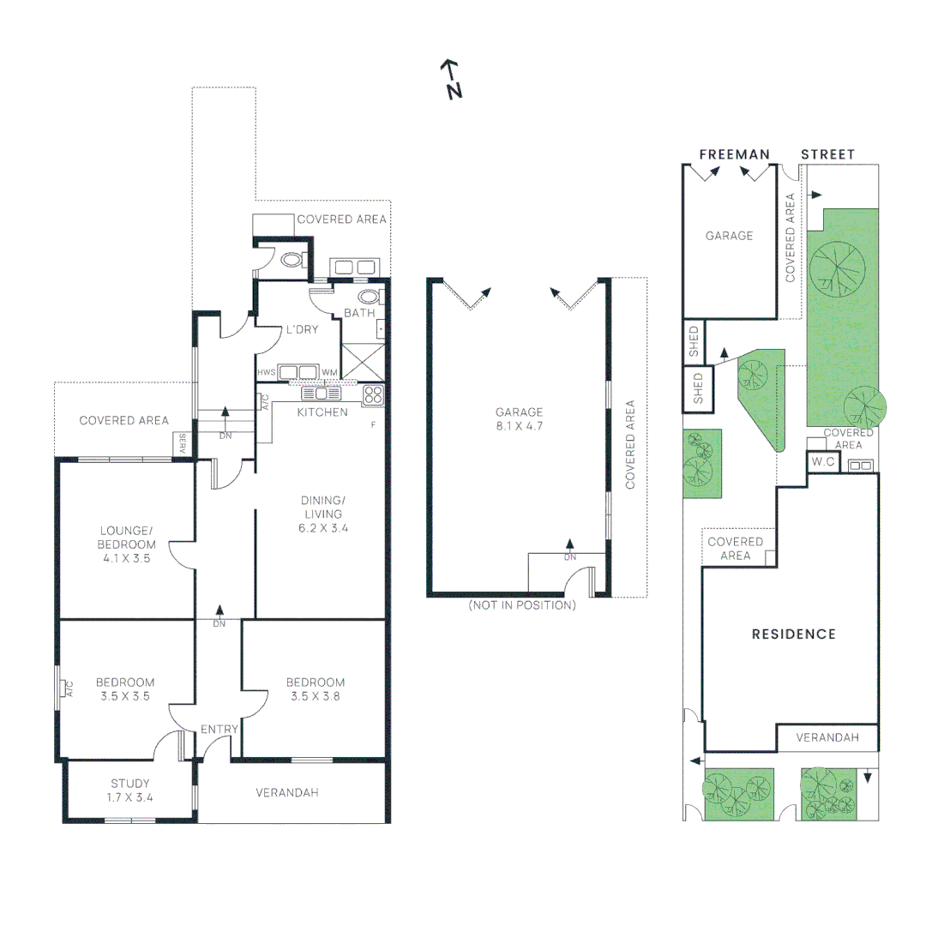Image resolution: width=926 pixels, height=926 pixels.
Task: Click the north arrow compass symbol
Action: click(452, 79)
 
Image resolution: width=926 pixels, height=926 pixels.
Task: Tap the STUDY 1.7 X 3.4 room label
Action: click(130, 791)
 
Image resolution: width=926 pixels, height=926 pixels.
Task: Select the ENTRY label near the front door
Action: click(219, 730)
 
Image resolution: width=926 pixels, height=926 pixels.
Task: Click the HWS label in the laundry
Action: click(267, 373)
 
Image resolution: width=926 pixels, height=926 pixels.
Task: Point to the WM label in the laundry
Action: click(329, 373)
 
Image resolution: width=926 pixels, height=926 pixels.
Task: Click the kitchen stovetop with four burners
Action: click(373, 394)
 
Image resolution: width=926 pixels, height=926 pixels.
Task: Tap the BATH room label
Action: click(359, 313)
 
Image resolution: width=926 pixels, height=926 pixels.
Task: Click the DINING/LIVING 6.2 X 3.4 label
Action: click(323, 514)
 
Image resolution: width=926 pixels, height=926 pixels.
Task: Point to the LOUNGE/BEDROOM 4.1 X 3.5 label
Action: click(126, 544)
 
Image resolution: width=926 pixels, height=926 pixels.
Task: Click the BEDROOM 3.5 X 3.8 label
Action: click(316, 689)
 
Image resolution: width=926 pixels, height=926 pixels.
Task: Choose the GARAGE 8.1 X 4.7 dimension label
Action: click(519, 419)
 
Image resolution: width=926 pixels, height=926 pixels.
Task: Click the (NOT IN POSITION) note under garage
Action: click(522, 605)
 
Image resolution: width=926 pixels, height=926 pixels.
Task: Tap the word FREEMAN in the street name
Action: click(735, 154)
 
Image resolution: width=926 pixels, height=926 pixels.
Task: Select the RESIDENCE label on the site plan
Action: click(794, 634)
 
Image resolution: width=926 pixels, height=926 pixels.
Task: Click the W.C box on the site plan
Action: click(823, 462)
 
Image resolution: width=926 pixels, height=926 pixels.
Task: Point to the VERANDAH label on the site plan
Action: click(827, 737)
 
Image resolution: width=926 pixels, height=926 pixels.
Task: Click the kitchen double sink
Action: click(321, 394)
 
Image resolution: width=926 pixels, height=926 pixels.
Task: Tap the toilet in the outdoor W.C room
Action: click(292, 259)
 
